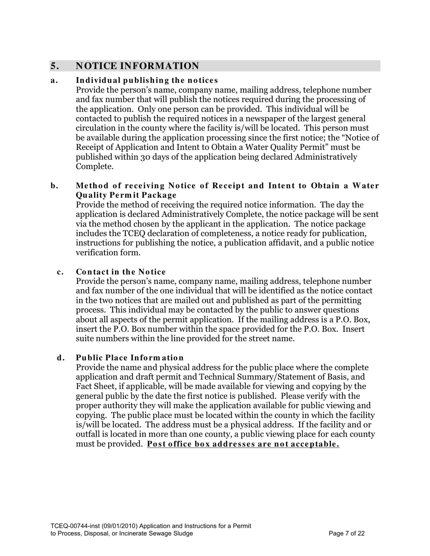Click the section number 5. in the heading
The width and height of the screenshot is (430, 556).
pos(54,66)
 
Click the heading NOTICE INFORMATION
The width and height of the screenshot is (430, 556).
pos(137,66)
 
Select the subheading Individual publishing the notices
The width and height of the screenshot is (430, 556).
pos(147,80)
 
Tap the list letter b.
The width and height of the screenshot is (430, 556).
pos(54,186)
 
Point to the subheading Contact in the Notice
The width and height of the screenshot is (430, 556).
pos(121,272)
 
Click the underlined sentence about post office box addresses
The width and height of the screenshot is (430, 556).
pos(243,444)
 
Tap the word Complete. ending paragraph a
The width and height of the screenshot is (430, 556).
pos(93,167)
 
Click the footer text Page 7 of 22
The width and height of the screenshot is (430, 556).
pos(347,533)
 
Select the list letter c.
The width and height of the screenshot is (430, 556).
pos(60,272)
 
